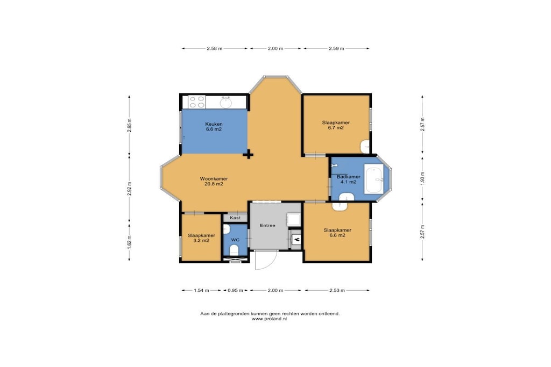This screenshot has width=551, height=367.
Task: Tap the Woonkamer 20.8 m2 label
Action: (x=214, y=181)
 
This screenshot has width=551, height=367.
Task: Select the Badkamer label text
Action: (x=348, y=177)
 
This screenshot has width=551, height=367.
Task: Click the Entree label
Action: (x=267, y=225)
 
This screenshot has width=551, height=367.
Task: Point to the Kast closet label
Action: (x=235, y=218)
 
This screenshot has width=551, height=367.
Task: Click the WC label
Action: (x=235, y=240)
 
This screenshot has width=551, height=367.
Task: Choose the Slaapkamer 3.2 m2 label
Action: (x=201, y=238)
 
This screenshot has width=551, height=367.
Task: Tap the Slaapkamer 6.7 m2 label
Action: (x=336, y=125)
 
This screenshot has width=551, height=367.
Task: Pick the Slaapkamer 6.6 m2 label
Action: (x=337, y=233)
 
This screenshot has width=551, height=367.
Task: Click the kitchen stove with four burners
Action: (x=197, y=102)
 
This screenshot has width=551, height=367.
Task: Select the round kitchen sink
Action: (x=226, y=103)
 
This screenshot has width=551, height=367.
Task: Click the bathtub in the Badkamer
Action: (x=374, y=179)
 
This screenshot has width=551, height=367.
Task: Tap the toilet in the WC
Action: (x=234, y=250)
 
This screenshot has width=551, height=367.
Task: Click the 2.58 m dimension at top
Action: (x=214, y=48)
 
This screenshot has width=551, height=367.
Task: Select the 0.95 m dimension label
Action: (x=235, y=290)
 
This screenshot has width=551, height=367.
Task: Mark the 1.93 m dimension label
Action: (x=423, y=178)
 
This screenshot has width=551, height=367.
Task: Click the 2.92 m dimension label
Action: (x=129, y=189)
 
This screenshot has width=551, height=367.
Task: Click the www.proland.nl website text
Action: (x=269, y=319)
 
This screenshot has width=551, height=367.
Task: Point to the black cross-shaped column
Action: (x=249, y=154)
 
